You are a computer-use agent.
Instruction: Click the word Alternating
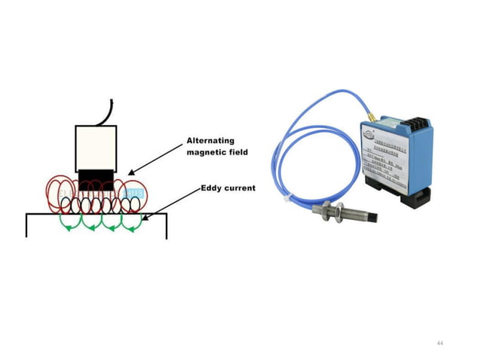pyautogui.click(x=211, y=140)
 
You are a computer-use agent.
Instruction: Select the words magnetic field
pyautogui.click(x=218, y=153)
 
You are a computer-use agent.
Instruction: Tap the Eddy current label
pyautogui.click(x=229, y=188)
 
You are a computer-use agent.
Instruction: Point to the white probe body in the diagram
pyautogui.click(x=95, y=148)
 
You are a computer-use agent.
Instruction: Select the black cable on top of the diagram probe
pyautogui.click(x=109, y=109)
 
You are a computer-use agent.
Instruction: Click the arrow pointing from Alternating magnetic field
pyautogui.click(x=154, y=160)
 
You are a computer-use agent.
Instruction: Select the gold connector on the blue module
pyautogui.click(x=372, y=118)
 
